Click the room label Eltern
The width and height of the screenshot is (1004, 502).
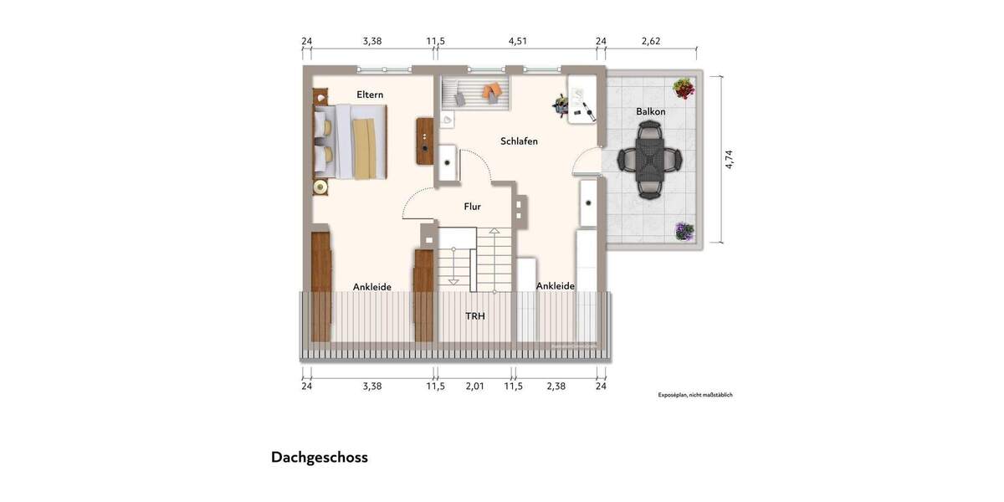370,95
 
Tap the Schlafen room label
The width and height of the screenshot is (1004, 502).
519,141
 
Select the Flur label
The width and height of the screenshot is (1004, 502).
472,206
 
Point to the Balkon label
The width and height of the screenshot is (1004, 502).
650,111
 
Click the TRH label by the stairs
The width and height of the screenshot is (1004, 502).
475,316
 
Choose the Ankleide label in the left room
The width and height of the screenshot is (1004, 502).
371,287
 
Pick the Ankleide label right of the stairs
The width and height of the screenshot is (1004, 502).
555,286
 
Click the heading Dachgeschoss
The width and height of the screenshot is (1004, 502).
319,458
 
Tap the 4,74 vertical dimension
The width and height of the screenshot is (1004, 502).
730,159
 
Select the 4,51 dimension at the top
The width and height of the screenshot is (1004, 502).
518,40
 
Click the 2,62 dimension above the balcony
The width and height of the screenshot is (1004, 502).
651,40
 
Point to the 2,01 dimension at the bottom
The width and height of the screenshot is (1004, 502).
474,387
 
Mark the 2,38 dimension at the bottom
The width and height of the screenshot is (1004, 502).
556,387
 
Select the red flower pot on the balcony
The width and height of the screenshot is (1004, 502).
684,87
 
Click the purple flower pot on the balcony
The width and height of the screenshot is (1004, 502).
684,231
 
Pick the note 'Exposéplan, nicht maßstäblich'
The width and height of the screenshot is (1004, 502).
694,395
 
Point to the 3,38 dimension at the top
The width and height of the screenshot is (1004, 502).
371,40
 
